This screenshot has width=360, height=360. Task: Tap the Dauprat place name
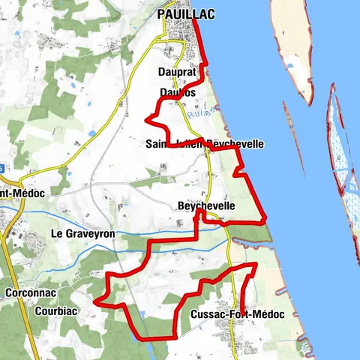177,72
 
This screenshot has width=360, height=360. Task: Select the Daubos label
177,92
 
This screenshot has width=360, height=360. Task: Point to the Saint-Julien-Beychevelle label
205,143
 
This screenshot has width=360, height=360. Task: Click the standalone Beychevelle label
207,205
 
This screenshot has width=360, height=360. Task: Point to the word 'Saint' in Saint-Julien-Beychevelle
160,143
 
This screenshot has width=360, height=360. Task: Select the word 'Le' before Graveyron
55,234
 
